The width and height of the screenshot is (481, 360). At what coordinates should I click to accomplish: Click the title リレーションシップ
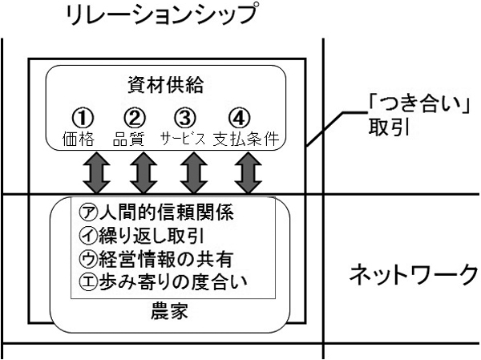165,16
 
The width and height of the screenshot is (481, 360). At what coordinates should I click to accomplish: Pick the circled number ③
186,117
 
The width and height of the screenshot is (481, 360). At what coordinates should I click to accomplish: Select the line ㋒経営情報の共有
152,260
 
